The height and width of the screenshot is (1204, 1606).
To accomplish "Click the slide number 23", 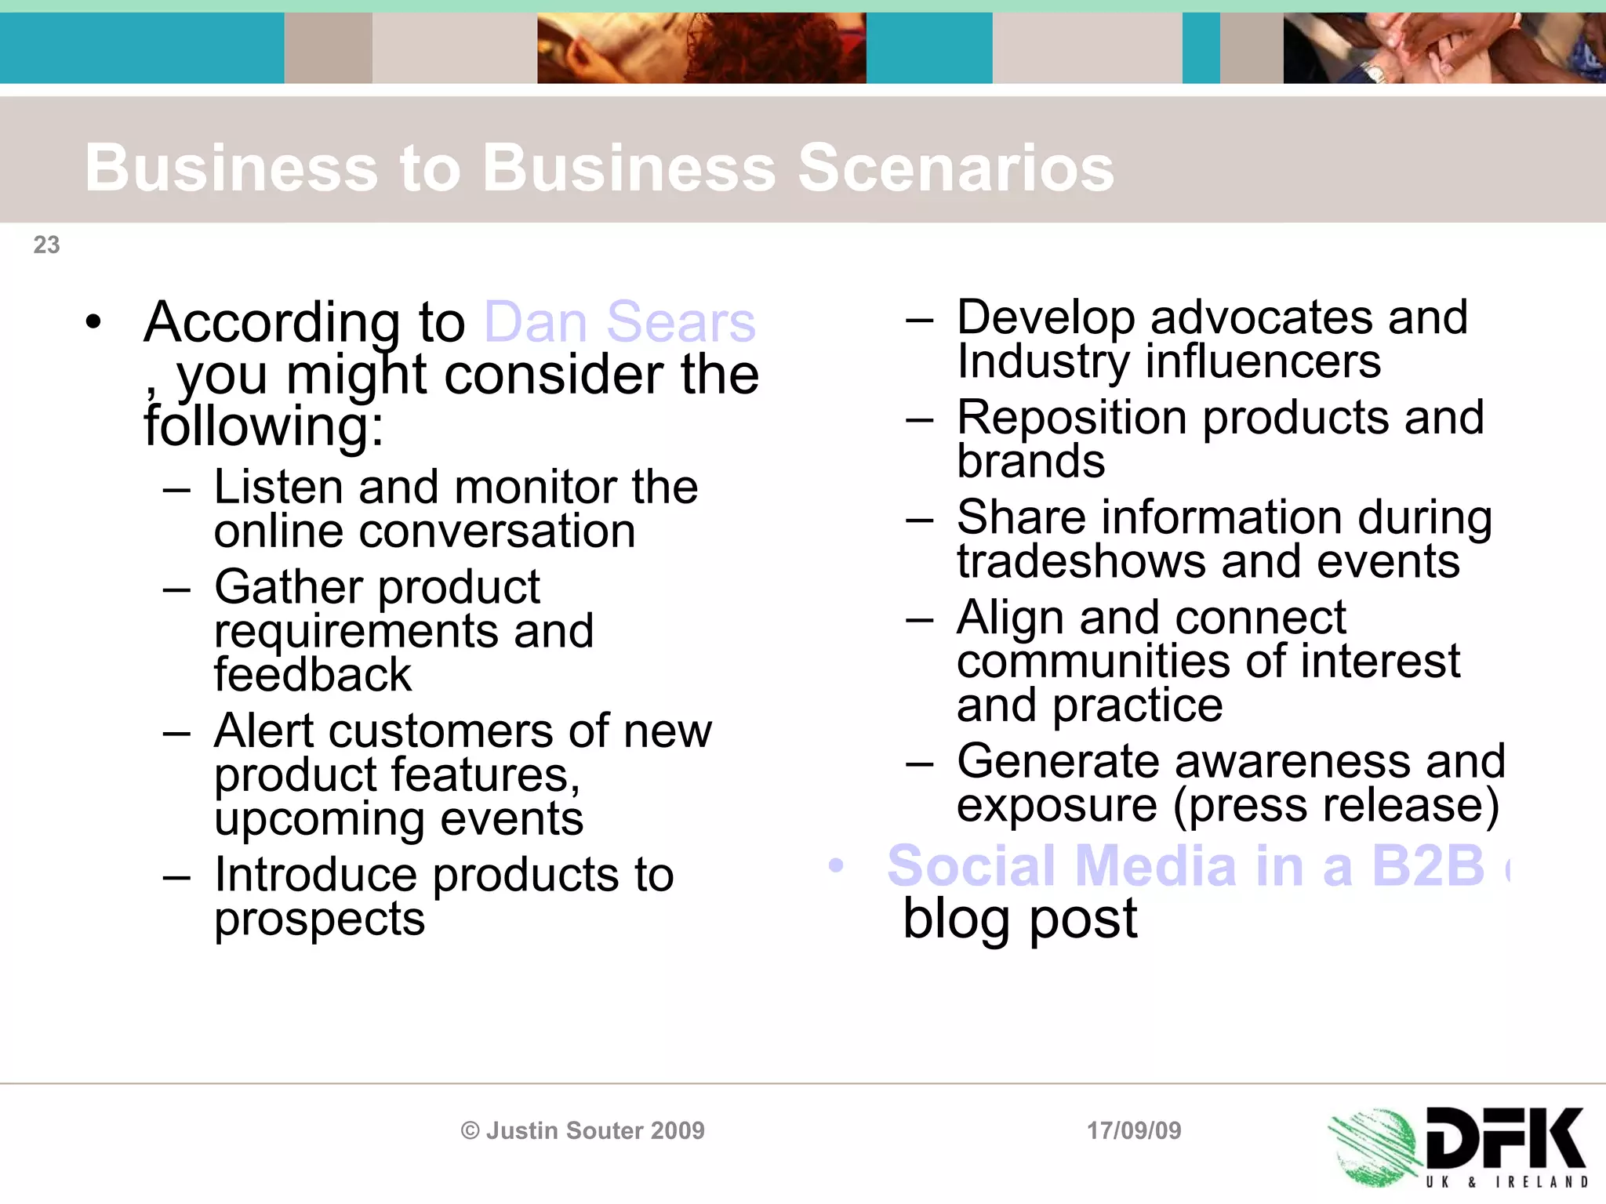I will [x=46, y=245].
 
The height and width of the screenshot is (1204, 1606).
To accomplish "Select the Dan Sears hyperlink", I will [x=620, y=322].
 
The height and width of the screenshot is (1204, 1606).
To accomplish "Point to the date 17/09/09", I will [x=1133, y=1130].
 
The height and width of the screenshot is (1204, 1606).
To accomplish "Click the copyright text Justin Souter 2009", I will [x=583, y=1130].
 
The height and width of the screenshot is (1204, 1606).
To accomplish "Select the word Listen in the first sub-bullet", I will [x=278, y=487].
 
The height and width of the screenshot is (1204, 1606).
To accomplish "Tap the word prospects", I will [x=319, y=919].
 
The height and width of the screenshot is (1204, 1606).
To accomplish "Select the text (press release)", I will [x=1335, y=805].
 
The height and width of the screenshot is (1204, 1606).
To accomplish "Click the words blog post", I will [x=1019, y=919].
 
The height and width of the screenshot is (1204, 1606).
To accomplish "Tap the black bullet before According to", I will [x=94, y=322].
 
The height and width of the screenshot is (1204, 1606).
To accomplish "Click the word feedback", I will [x=312, y=675].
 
